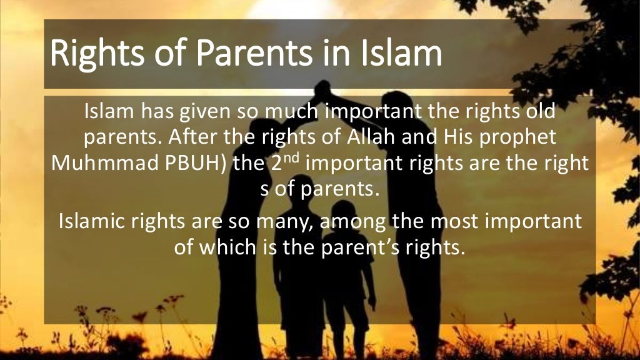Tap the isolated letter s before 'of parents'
click(262, 189)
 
